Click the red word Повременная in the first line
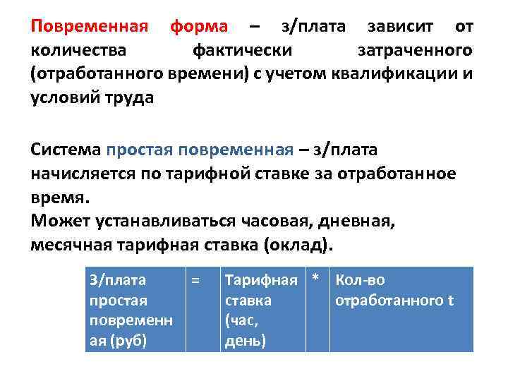pyautogui.click(x=90, y=27)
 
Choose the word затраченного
pyautogui.click(x=415, y=51)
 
